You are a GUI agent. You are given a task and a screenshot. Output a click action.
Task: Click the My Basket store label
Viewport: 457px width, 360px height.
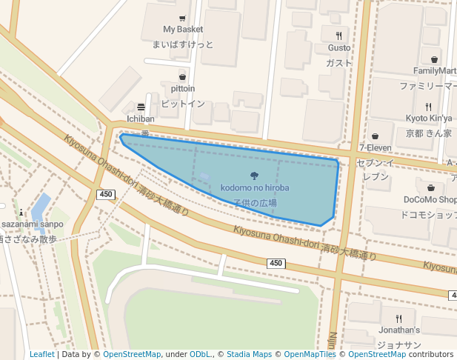(x=183, y=30)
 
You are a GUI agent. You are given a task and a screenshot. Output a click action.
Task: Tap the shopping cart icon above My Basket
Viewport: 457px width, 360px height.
(x=183, y=18)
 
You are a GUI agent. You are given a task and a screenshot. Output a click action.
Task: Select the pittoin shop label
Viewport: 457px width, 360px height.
(x=183, y=89)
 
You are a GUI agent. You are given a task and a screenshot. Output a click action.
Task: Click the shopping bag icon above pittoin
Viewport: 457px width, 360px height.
(x=183, y=77)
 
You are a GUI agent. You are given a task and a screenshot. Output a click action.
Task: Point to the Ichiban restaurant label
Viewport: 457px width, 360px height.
(x=141, y=119)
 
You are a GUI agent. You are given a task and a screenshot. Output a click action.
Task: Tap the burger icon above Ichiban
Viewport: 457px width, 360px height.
(x=141, y=107)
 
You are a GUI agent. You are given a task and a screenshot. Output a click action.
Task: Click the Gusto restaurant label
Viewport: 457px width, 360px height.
(x=338, y=48)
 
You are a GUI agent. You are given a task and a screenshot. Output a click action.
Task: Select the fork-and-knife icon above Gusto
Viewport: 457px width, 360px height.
(x=338, y=36)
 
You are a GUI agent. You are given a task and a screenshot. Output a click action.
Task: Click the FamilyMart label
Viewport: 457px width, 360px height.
(x=435, y=71)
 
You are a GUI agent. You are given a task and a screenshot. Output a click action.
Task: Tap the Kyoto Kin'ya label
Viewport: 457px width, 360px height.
(x=429, y=119)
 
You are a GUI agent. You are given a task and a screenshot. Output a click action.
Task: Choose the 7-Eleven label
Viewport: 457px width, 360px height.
(x=375, y=147)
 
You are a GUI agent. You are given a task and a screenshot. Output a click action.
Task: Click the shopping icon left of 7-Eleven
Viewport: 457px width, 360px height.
(x=376, y=136)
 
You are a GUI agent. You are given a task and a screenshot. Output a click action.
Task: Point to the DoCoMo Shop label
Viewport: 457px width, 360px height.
(x=430, y=199)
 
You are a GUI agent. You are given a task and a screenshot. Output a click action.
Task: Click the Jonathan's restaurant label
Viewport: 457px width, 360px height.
(x=398, y=330)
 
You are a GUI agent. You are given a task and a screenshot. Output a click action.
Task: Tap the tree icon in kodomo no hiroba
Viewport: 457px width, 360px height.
(x=255, y=176)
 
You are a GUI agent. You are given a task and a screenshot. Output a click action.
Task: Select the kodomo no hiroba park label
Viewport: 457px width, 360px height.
(x=255, y=188)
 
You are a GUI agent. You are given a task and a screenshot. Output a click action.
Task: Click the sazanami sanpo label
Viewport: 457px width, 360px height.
(x=27, y=224)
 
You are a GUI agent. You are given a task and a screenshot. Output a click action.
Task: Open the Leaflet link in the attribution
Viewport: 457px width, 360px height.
(x=41, y=354)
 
